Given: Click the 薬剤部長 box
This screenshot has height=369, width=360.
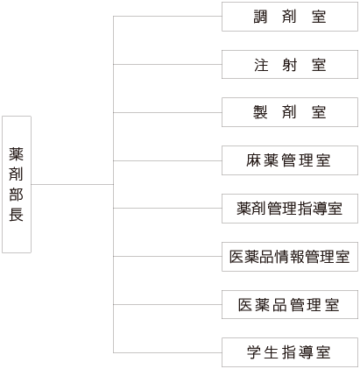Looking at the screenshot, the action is click(17, 184).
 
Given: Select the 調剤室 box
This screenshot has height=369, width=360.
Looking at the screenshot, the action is click(290, 17).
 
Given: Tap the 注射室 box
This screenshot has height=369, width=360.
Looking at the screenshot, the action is click(290, 64).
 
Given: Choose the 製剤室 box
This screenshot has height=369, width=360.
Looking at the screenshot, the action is click(290, 112).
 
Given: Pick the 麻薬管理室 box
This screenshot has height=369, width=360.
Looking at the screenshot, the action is click(290, 160).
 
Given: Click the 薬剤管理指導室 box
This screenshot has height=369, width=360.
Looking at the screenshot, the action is click(290, 209).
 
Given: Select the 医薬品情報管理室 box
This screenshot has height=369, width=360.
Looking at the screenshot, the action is click(290, 257).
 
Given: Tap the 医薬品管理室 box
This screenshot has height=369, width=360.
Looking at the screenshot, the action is click(290, 304).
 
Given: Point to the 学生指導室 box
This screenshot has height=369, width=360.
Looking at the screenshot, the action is click(290, 352).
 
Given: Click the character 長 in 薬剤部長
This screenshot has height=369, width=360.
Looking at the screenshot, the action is click(16, 215).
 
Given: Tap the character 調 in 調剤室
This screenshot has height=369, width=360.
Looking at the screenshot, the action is click(260, 17).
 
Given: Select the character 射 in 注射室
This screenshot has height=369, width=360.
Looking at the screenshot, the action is click(289, 65).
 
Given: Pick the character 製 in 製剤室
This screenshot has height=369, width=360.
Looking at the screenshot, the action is click(260, 112).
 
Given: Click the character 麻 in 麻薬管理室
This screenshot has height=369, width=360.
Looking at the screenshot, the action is click(253, 160).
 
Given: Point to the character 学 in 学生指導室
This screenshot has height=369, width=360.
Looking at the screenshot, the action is click(254, 352).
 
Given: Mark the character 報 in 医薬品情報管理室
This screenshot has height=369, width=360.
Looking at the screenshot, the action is click(297, 257).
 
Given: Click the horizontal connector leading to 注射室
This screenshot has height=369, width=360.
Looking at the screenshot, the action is click(167, 64).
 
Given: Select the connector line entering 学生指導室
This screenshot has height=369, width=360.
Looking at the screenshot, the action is click(167, 352).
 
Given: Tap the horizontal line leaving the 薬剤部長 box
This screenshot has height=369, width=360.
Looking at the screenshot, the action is click(72, 184).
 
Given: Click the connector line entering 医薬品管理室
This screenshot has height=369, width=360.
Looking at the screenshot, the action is click(167, 304).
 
